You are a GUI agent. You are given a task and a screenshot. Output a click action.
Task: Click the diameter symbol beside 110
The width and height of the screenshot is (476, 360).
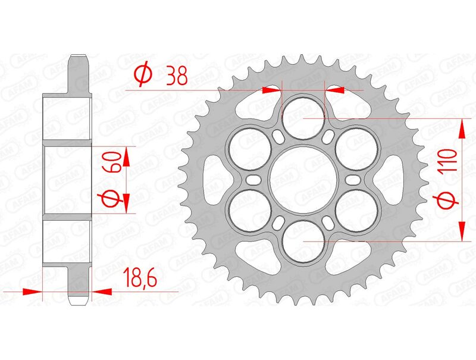click(x=449, y=201)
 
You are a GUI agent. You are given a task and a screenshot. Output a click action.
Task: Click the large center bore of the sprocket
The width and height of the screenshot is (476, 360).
click(x=303, y=180)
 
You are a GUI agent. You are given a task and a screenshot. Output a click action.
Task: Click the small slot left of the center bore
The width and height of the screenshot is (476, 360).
click(x=253, y=180)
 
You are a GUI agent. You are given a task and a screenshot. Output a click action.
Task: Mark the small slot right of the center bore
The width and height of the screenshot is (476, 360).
click(x=353, y=180)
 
